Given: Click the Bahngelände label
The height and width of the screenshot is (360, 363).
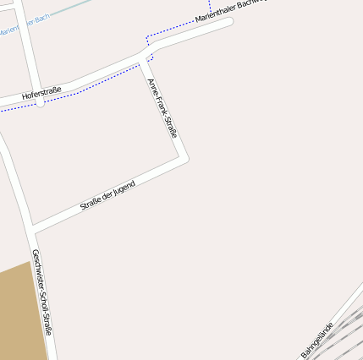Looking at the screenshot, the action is click(x=318, y=338).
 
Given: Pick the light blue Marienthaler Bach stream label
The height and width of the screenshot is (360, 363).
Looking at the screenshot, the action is click(x=25, y=25).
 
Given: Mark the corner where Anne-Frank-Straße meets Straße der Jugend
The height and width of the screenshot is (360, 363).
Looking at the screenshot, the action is click(x=183, y=157).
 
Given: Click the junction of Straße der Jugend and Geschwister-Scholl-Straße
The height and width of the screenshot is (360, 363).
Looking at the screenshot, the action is click(x=32, y=227).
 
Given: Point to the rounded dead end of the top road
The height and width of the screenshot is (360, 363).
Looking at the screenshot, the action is click(x=226, y=24).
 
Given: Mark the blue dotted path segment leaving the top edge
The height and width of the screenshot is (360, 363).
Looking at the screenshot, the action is click(x=210, y=7).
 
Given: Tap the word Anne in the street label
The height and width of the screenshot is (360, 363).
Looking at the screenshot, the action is click(x=152, y=86).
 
